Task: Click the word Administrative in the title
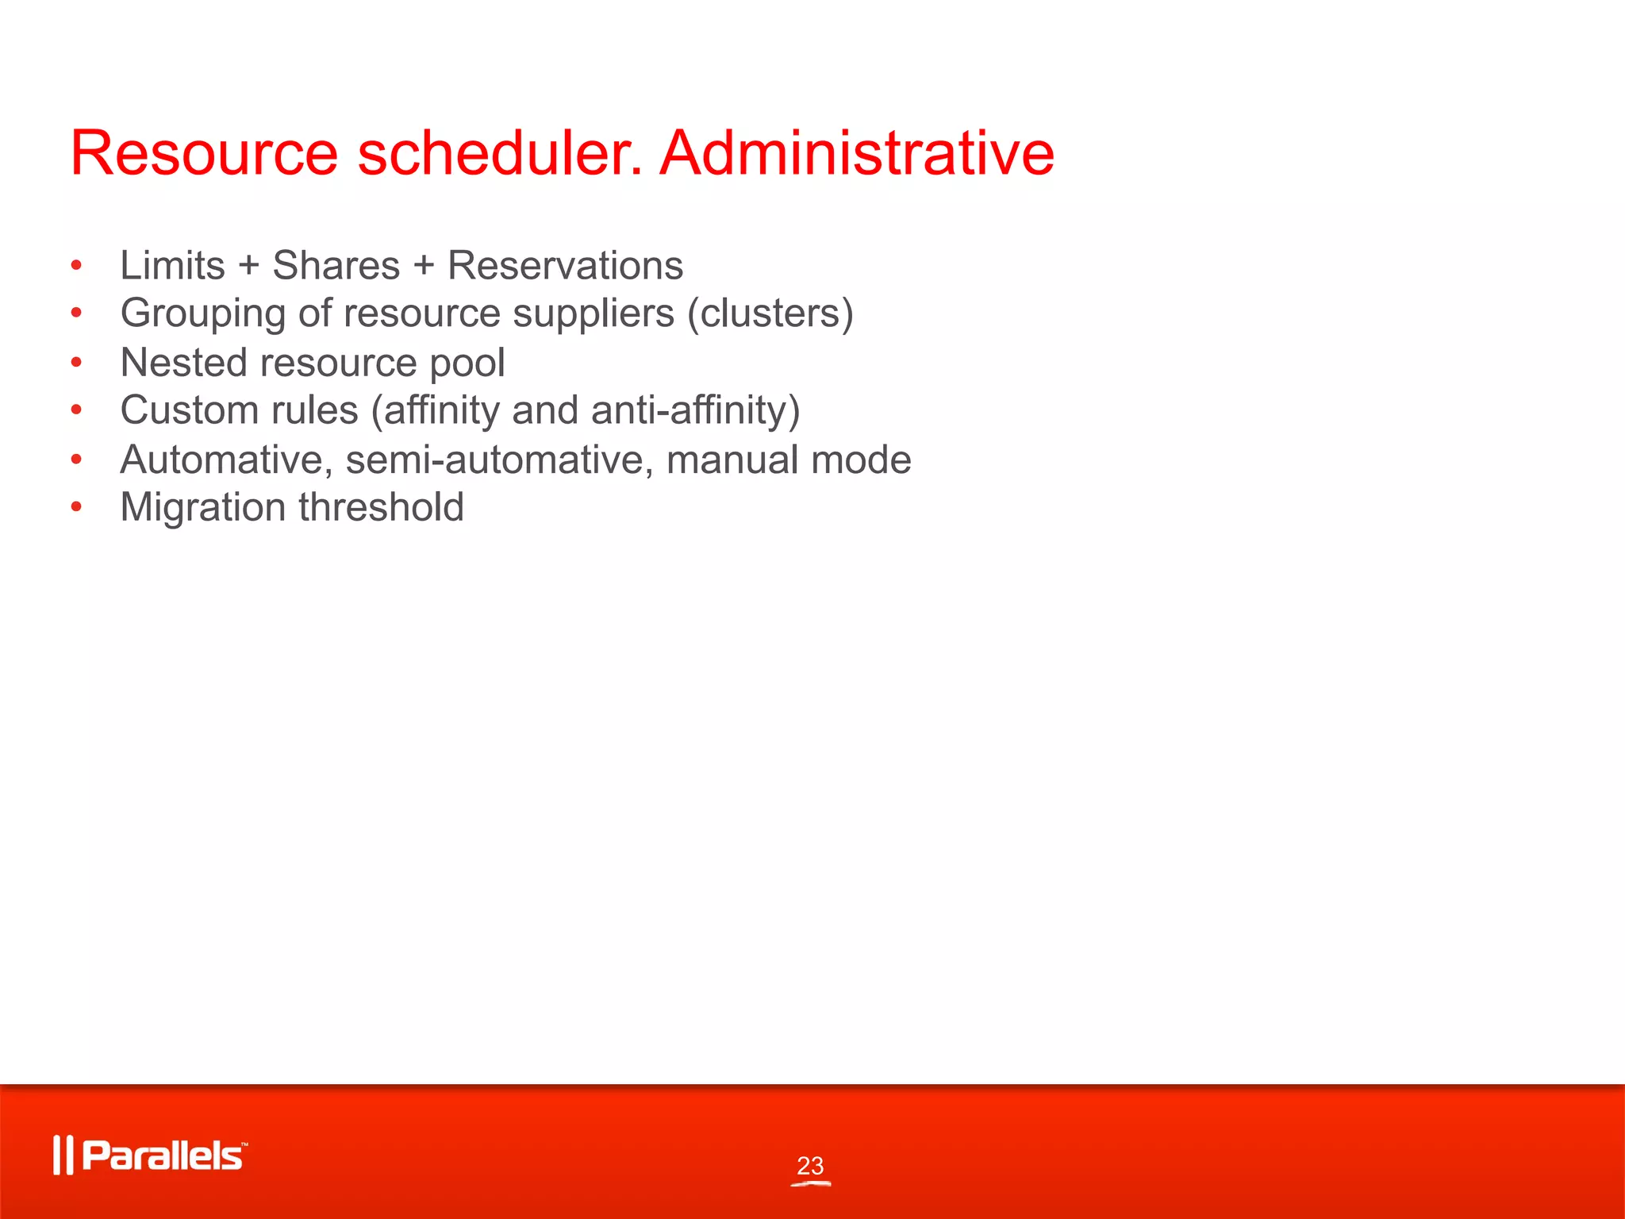point(857,152)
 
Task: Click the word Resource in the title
point(204,152)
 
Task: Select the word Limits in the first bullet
point(172,265)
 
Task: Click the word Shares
point(336,265)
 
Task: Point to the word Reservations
point(565,265)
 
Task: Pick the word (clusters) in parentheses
point(770,313)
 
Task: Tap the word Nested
point(183,363)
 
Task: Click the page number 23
point(810,1166)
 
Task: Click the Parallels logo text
point(163,1156)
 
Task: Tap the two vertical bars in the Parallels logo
point(63,1156)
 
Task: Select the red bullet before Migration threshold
point(76,506)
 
